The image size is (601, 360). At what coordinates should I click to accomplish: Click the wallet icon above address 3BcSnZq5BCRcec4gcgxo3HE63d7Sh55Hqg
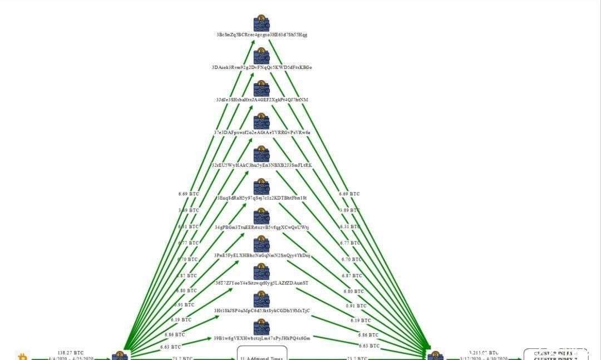pos(262,23)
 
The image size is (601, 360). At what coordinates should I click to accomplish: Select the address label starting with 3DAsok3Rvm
pos(262,67)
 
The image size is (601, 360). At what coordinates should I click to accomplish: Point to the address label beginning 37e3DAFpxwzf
pos(262,132)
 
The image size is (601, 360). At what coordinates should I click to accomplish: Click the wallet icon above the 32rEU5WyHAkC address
pos(262,154)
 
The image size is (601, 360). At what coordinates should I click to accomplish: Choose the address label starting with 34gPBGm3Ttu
pos(262,227)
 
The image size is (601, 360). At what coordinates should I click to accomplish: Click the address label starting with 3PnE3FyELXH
pos(262,255)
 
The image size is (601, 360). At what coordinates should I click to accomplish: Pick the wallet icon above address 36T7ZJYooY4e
pos(262,272)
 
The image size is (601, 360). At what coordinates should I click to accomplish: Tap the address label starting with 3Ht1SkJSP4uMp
pos(262,310)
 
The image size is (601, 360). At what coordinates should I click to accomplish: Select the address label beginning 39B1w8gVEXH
pos(262,338)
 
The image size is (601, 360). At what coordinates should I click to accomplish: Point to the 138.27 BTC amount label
pos(70,353)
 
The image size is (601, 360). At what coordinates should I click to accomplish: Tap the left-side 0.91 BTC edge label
pos(185,305)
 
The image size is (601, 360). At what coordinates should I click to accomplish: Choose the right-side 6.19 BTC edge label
pos(360,320)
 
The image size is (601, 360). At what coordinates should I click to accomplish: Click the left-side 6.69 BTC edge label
pos(188,194)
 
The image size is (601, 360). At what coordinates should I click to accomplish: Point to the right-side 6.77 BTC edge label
pos(350,243)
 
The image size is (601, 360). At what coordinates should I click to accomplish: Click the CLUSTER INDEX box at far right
pos(555,355)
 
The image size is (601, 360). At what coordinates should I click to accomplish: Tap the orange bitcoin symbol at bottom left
pos(23,356)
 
